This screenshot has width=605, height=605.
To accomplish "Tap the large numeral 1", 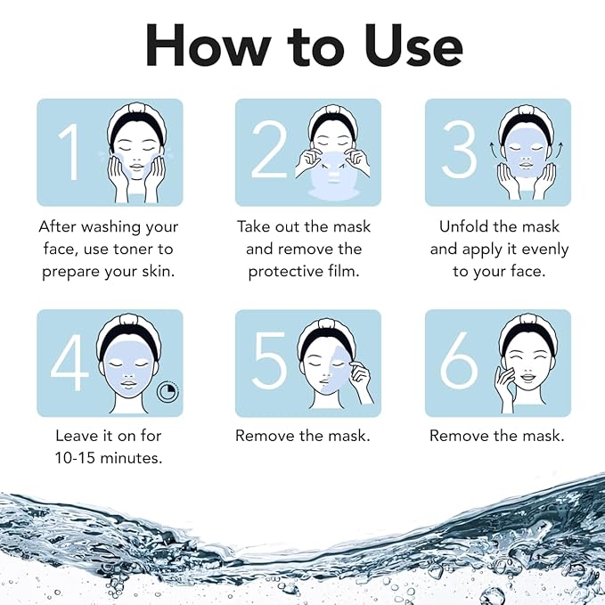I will tap(69, 151).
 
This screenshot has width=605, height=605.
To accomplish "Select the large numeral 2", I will tap(268, 151).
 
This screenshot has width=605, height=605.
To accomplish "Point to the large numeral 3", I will tap(459, 151).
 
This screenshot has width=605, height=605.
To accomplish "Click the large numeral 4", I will tap(70, 363).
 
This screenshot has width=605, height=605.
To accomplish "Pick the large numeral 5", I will tap(269, 363).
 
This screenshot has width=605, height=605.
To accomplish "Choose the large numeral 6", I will tap(460, 363).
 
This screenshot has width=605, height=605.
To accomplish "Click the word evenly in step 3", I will tap(540, 249).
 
